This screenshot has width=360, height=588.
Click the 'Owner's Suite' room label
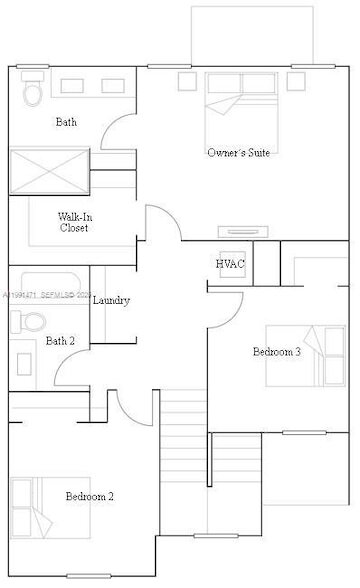238,153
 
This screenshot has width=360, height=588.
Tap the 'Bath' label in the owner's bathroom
66,123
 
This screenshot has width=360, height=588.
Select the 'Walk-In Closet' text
73,222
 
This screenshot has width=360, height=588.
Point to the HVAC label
230,263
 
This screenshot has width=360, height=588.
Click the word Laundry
111,300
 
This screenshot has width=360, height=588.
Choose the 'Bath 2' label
60,341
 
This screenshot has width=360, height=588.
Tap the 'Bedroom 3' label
276,352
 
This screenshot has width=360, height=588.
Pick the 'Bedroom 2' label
90,496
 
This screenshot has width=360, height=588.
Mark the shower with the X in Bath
48,169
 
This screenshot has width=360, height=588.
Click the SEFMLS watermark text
45,297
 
